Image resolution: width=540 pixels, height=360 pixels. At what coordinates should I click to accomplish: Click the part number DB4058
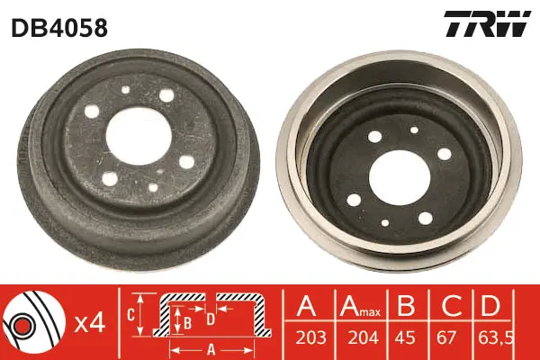(59, 28)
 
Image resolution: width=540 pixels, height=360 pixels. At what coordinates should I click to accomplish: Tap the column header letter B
(408, 306)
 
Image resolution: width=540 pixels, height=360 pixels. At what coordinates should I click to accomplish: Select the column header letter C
(448, 306)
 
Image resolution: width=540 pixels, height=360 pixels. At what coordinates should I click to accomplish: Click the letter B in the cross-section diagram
(187, 319)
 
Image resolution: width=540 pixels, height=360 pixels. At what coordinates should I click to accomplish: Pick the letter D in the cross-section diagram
(211, 318)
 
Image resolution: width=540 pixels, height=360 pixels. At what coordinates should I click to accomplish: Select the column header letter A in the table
(307, 306)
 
